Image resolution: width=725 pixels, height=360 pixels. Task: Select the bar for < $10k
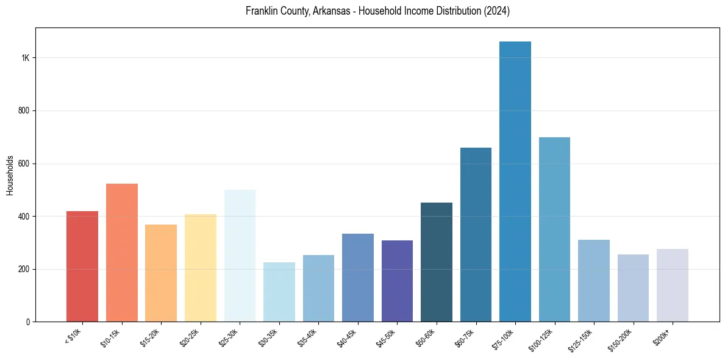tap(82, 267)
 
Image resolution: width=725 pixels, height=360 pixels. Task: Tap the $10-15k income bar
tap(122, 253)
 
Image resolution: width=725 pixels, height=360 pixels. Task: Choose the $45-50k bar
tap(397, 281)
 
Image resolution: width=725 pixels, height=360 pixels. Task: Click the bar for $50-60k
tap(437, 262)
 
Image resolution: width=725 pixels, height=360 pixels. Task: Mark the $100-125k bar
tap(554, 229)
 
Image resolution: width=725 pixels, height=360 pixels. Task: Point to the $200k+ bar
tap(673, 285)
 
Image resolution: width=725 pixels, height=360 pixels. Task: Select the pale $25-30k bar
tap(240, 256)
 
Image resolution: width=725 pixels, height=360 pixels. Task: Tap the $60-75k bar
tap(476, 235)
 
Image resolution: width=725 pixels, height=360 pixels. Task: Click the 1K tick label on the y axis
tap(26, 58)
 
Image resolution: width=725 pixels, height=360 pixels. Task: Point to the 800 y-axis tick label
tap(24, 111)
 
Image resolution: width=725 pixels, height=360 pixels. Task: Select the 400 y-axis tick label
tap(24, 217)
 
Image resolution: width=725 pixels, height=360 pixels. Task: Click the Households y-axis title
tap(10, 175)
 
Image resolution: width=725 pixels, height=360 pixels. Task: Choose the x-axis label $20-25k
tap(190, 338)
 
